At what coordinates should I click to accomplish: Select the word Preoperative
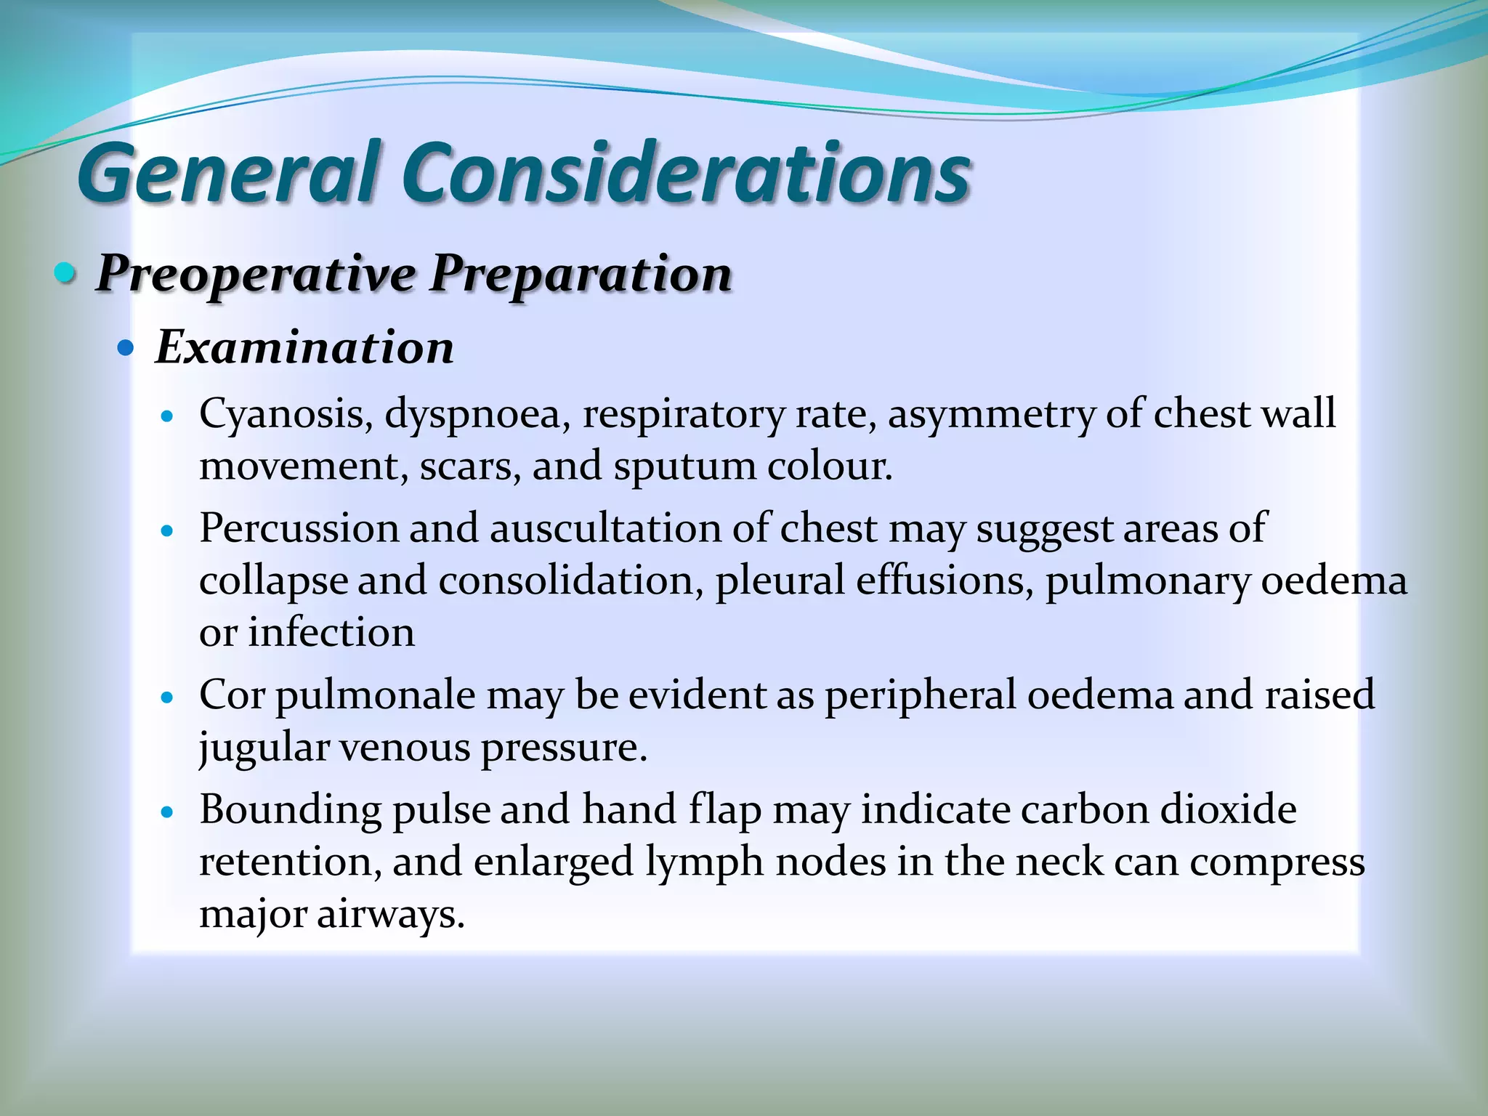(x=255, y=275)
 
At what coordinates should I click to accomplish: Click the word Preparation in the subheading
(x=581, y=275)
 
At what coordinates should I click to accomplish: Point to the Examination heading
(x=304, y=347)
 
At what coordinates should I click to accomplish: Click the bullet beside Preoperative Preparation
(x=65, y=274)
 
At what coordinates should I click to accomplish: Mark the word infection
(x=331, y=632)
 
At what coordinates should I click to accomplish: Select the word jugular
(x=264, y=748)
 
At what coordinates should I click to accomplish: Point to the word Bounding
(x=290, y=809)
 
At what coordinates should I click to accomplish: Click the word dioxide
(x=1228, y=809)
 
